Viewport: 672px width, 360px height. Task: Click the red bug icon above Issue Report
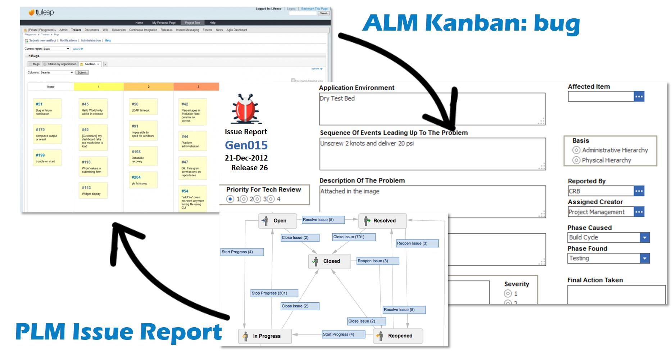click(x=246, y=108)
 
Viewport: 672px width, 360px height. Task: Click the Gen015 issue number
click(x=246, y=145)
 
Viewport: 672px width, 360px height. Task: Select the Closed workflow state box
click(x=329, y=261)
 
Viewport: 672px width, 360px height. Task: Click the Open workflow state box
click(x=277, y=221)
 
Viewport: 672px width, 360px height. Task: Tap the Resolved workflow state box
click(x=382, y=221)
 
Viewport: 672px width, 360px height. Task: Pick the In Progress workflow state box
click(x=265, y=336)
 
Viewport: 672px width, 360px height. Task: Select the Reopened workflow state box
click(x=398, y=336)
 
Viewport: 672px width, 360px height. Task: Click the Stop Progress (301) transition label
click(x=274, y=293)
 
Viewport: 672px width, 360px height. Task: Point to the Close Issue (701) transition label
click(x=354, y=237)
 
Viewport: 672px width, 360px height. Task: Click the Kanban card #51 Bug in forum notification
click(x=47, y=108)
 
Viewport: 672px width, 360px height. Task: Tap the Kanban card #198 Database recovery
click(x=143, y=156)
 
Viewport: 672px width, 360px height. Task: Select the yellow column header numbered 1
click(x=99, y=87)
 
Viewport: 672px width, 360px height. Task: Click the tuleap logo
click(x=41, y=13)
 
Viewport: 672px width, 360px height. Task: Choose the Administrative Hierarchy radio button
click(x=576, y=150)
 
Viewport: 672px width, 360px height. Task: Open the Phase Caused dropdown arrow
click(x=645, y=238)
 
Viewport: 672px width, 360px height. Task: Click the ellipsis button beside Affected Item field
click(x=639, y=96)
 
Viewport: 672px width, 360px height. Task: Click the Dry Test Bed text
click(x=337, y=98)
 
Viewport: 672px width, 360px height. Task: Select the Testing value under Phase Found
click(x=579, y=258)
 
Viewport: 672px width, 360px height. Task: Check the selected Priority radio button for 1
click(x=230, y=199)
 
